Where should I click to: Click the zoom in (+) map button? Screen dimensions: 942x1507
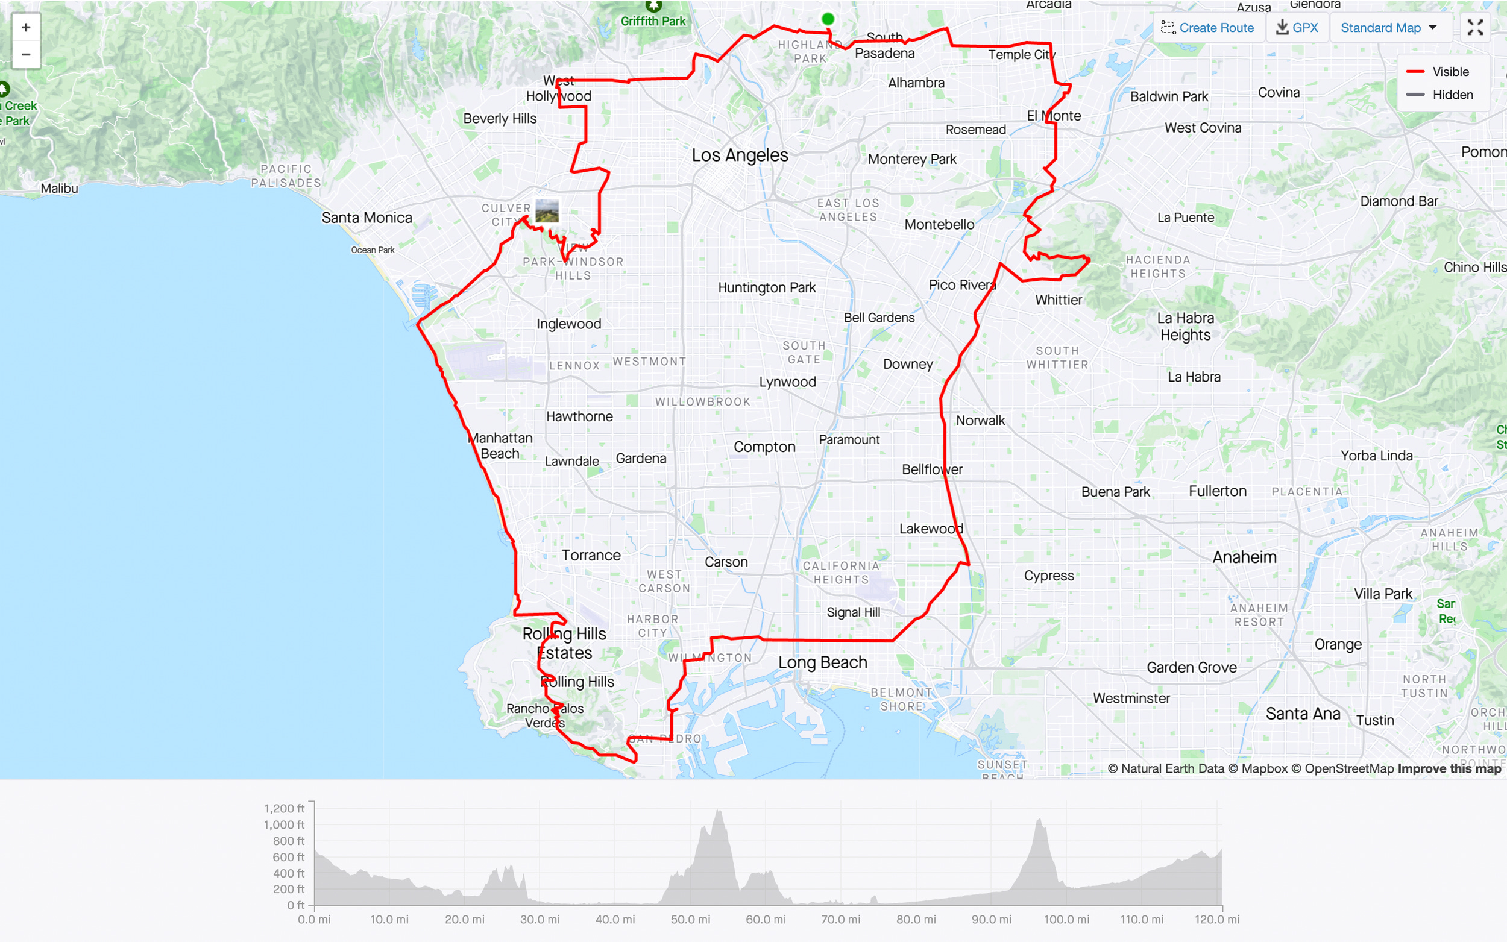click(25, 27)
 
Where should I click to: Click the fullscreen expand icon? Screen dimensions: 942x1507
click(1474, 27)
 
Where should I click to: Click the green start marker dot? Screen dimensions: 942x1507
click(827, 19)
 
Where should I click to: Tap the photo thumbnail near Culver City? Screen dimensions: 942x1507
click(547, 211)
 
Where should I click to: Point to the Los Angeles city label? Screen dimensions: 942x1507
click(740, 155)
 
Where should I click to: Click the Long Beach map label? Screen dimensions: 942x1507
click(822, 662)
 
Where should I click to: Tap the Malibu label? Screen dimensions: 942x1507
click(59, 188)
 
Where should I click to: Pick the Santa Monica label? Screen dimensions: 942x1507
click(367, 218)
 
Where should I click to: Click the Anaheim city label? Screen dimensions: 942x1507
click(1244, 557)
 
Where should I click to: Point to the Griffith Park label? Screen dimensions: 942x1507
click(653, 21)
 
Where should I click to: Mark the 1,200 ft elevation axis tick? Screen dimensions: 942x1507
click(284, 809)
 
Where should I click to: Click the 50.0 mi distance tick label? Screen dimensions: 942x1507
click(690, 920)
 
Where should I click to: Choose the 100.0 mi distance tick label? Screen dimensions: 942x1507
click(1066, 920)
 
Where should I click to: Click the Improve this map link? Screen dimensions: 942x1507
click(1449, 769)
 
